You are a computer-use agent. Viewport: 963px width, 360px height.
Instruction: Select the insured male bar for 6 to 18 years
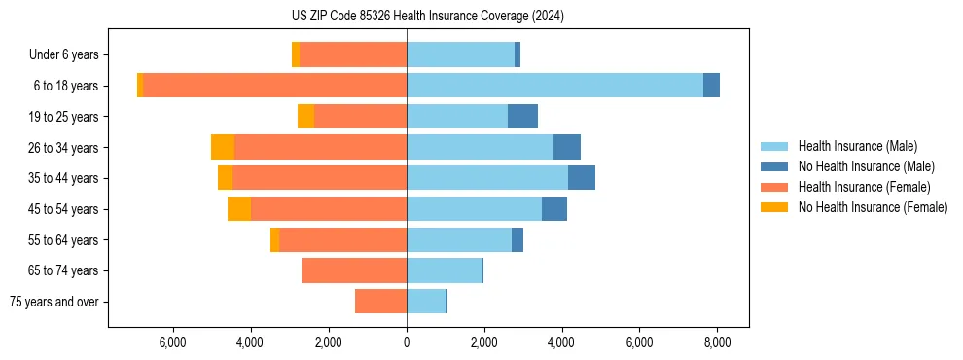pos(554,86)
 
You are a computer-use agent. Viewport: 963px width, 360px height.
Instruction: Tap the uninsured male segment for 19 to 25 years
pos(522,117)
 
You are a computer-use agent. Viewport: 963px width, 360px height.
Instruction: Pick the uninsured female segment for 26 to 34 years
pos(223,147)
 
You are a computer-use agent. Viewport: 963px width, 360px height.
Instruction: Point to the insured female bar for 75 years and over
pos(380,302)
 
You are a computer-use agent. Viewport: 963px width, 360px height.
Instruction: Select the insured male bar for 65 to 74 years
pos(445,270)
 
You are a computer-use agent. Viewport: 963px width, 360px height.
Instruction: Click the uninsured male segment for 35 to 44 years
pos(582,178)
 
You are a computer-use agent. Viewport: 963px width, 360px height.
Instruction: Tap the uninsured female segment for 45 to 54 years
pos(239,209)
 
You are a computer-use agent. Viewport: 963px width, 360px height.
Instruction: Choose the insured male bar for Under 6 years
pos(460,54)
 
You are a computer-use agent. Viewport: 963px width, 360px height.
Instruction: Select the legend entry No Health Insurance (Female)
pos(873,207)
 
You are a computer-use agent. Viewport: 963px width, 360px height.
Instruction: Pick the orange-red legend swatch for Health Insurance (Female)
pos(774,187)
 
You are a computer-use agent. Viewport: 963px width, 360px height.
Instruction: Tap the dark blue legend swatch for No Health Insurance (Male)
pos(774,166)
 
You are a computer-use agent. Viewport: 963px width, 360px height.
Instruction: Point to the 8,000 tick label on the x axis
pos(717,342)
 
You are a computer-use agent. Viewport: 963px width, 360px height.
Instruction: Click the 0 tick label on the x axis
pos(407,342)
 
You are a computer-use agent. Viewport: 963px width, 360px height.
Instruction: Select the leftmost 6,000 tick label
pos(172,342)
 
